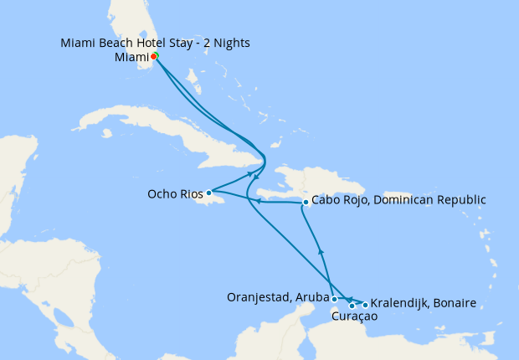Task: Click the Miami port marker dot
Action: [154, 57]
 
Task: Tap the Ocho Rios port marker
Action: [208, 193]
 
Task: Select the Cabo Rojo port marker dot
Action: [306, 202]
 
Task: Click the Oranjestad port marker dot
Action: [334, 299]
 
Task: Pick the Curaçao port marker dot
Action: [352, 306]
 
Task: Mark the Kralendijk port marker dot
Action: [365, 305]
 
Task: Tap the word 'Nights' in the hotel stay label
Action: [231, 43]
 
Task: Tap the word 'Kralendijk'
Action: [398, 302]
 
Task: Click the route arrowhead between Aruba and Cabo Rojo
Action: [321, 251]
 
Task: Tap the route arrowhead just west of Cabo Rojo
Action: [258, 201]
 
